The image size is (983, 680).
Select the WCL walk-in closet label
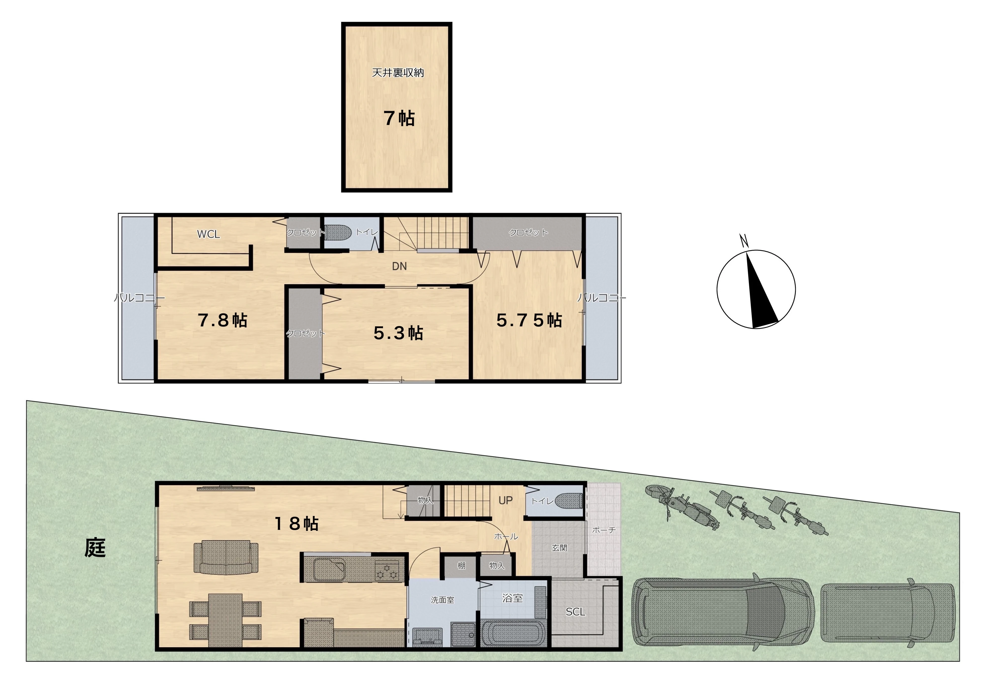208,234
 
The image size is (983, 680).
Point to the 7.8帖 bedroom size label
222,320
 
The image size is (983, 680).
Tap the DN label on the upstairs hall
399,266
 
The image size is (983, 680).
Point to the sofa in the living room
226,557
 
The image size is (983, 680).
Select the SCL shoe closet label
575,612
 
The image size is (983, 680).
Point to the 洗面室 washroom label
442,600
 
